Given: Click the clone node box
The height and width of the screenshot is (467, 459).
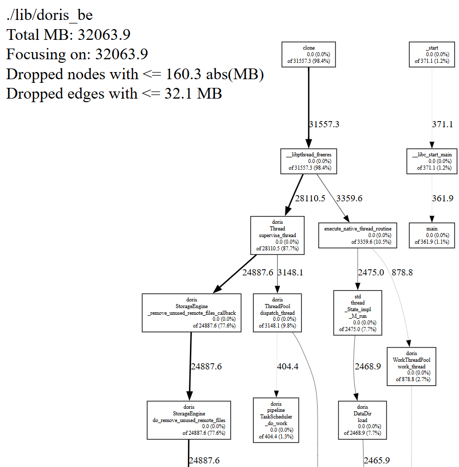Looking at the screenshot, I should coord(308,54).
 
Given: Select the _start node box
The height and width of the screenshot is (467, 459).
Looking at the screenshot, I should coord(432,54).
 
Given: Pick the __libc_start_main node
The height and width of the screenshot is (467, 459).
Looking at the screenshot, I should coord(432,160).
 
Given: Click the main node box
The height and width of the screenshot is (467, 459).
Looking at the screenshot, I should coord(432,236).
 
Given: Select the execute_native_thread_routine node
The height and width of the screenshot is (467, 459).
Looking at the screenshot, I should coord(357,236).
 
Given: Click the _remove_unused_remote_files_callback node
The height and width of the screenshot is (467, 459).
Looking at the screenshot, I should coord(191,313).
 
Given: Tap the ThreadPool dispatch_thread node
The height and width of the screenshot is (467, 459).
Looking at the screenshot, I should coord(277,313).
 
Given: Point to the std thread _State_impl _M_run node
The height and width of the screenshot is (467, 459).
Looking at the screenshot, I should coord(357,312).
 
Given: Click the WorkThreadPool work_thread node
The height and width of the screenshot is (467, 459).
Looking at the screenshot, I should coord(411,366).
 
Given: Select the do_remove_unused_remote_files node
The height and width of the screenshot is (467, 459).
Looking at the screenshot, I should coord(188,420).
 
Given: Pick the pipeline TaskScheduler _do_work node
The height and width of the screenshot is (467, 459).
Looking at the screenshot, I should coord(276,420).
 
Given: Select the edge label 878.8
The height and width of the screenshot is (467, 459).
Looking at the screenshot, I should coord(402,272).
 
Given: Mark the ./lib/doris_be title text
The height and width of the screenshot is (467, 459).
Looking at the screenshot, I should coord(50,15).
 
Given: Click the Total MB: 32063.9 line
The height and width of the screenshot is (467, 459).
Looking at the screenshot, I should coord(68,35).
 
